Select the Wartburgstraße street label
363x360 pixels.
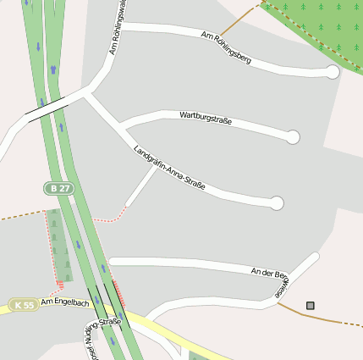[206, 119]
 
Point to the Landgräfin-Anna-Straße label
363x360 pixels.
[169, 167]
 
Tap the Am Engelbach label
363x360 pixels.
[64, 302]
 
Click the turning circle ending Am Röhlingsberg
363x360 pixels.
[333, 73]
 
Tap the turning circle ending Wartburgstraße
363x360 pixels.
[293, 136]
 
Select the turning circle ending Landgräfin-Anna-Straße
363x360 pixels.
[276, 203]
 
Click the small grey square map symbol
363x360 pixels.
[311, 305]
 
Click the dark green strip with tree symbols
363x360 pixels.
[59, 246]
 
